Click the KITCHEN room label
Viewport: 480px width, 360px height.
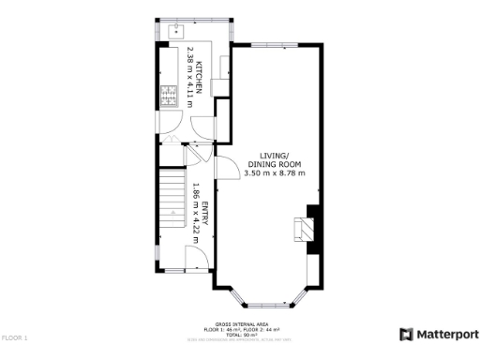pyautogui.click(x=199, y=68)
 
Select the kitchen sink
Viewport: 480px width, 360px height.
pyautogui.click(x=174, y=29)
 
